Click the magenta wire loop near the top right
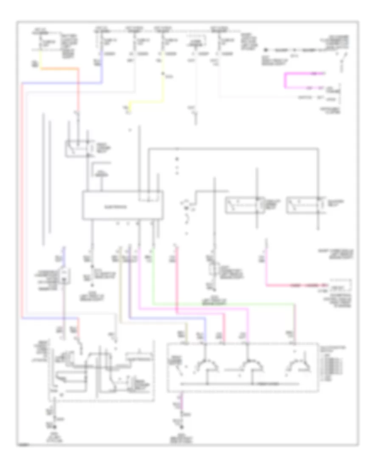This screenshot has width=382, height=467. point(286,81)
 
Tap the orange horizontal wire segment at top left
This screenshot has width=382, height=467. point(59,68)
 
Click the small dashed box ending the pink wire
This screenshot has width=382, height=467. point(341,284)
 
